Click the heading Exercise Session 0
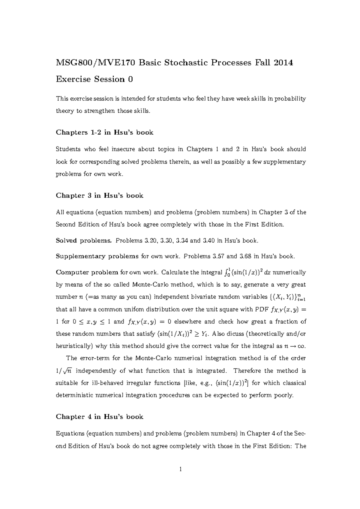(x=94, y=79)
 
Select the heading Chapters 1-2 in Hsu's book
(x=104, y=132)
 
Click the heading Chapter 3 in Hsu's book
(x=99, y=196)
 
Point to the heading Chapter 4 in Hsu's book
(x=99, y=417)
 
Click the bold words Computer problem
(x=87, y=272)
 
